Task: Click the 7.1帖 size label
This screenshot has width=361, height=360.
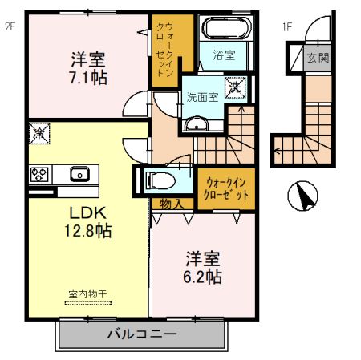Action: (89, 78)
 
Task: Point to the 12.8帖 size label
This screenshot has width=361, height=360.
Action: (89, 231)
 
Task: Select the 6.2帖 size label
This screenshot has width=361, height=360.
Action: (204, 277)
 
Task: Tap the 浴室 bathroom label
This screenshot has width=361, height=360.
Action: (224, 56)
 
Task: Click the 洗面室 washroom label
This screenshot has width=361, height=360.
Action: (202, 97)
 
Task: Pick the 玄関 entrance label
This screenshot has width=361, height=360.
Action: (318, 59)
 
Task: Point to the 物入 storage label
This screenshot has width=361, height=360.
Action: (172, 205)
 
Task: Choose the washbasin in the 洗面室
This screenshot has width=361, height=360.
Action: (195, 123)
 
